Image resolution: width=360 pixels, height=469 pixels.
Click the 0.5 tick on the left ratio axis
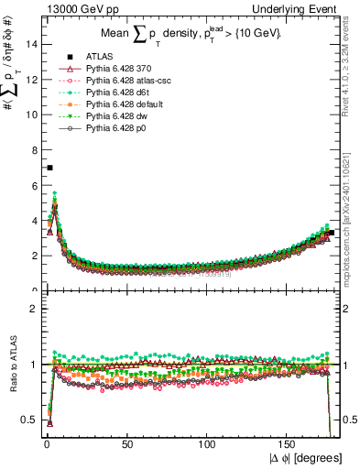click(29, 420)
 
